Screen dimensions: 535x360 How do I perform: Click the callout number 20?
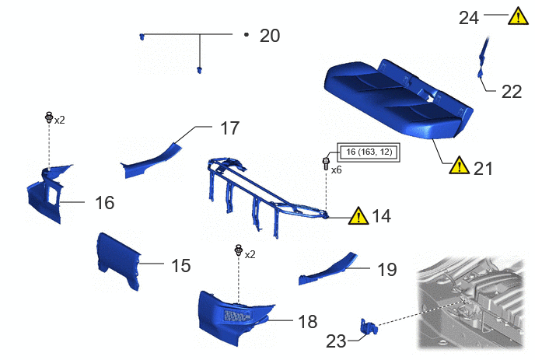(x=270, y=36)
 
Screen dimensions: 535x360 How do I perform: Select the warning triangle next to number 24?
(x=518, y=16)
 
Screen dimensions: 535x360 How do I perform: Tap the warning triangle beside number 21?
(x=460, y=166)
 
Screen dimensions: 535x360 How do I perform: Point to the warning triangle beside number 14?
(x=358, y=216)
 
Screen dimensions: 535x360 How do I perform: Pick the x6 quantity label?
(x=336, y=170)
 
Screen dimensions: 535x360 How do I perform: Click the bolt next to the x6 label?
(x=326, y=164)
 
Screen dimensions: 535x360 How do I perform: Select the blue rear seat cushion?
(x=398, y=100)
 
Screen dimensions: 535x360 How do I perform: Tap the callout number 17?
(x=229, y=128)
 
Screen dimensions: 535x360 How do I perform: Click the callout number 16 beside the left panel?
(x=105, y=203)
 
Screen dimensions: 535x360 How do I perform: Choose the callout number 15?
(x=181, y=265)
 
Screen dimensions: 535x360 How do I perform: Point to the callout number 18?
(x=307, y=321)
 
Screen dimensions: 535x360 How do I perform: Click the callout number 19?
(x=387, y=270)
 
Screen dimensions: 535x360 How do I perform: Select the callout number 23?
(x=336, y=341)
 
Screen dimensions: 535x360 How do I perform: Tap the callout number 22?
(x=512, y=92)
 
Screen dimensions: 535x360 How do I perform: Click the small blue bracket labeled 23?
(x=369, y=327)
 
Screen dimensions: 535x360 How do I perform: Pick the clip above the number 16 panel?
(x=49, y=117)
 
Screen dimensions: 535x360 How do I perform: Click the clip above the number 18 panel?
(x=239, y=250)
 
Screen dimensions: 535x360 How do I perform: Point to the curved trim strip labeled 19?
(x=327, y=269)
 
